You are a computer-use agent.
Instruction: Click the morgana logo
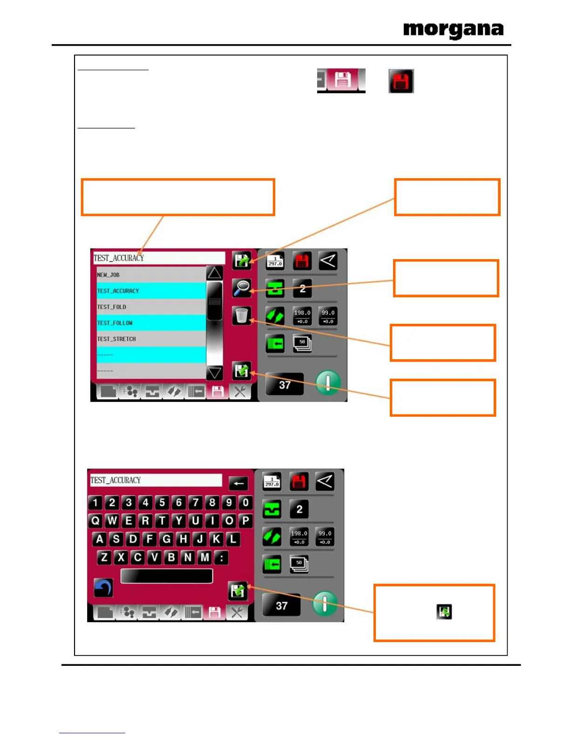[x=453, y=30]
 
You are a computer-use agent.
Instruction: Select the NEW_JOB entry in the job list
[x=150, y=275]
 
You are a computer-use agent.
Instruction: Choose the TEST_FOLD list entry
[x=150, y=307]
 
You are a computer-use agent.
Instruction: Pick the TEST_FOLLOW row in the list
[x=150, y=323]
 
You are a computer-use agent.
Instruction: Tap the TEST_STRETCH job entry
[x=150, y=339]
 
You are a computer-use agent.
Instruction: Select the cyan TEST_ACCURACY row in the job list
[x=150, y=291]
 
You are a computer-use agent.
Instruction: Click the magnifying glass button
[x=242, y=288]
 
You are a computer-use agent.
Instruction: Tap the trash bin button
[x=242, y=315]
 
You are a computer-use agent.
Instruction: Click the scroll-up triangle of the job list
[x=214, y=273]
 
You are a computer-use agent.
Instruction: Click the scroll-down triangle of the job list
[x=214, y=372]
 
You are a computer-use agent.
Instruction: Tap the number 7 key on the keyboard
[x=196, y=502]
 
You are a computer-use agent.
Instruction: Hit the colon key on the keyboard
[x=222, y=557]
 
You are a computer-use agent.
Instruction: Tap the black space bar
[x=166, y=576]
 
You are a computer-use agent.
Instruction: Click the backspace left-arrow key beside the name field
[x=238, y=483]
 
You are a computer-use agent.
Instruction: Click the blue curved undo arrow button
[x=103, y=588]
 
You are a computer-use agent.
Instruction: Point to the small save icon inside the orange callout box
[x=444, y=611]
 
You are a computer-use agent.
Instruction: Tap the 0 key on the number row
[x=246, y=502]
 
